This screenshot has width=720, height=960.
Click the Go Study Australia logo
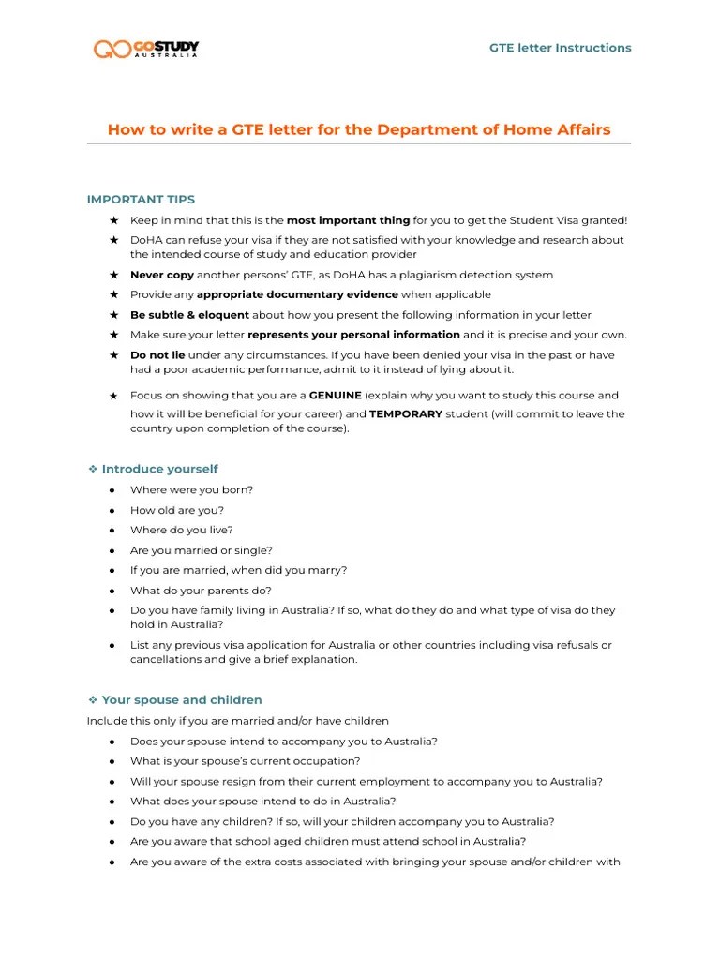[146, 48]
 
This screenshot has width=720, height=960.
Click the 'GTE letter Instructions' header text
[561, 48]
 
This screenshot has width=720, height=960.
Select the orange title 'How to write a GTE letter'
[359, 129]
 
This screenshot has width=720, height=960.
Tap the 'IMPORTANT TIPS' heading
[141, 200]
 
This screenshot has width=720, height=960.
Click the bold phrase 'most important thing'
[348, 220]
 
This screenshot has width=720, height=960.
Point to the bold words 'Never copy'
[163, 275]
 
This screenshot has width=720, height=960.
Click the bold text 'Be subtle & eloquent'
[189, 315]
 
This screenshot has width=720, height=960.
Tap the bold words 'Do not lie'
[157, 355]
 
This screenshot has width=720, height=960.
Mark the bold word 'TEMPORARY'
[406, 413]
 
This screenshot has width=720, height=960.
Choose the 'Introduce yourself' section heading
[159, 469]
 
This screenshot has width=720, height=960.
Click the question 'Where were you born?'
[191, 489]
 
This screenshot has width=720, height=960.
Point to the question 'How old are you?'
[177, 510]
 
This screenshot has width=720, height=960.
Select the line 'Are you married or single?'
[202, 550]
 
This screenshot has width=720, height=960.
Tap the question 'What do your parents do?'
[201, 591]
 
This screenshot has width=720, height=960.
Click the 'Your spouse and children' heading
[182, 700]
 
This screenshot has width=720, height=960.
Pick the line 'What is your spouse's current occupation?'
[245, 761]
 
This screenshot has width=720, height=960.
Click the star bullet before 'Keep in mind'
[113, 220]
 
